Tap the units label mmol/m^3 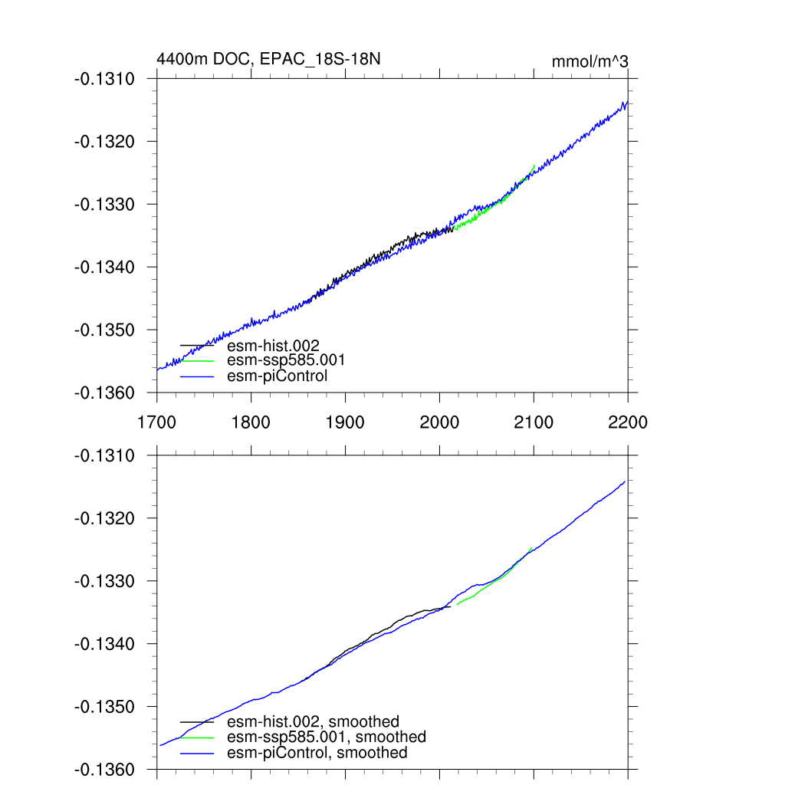590,61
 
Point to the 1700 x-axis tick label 156,422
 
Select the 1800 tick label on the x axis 251,422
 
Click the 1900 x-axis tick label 345,422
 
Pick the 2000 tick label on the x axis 439,422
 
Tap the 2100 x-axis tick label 534,422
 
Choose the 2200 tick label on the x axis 628,422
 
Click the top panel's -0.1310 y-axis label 104,79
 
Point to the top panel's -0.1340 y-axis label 104,268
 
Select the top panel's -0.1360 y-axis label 104,393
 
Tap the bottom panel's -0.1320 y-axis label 104,519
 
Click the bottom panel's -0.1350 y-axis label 104,708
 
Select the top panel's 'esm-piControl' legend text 278,376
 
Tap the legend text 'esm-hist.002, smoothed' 314,721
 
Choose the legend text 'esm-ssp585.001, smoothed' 327,737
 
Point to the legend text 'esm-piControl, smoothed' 317,753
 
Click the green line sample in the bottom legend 197,737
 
